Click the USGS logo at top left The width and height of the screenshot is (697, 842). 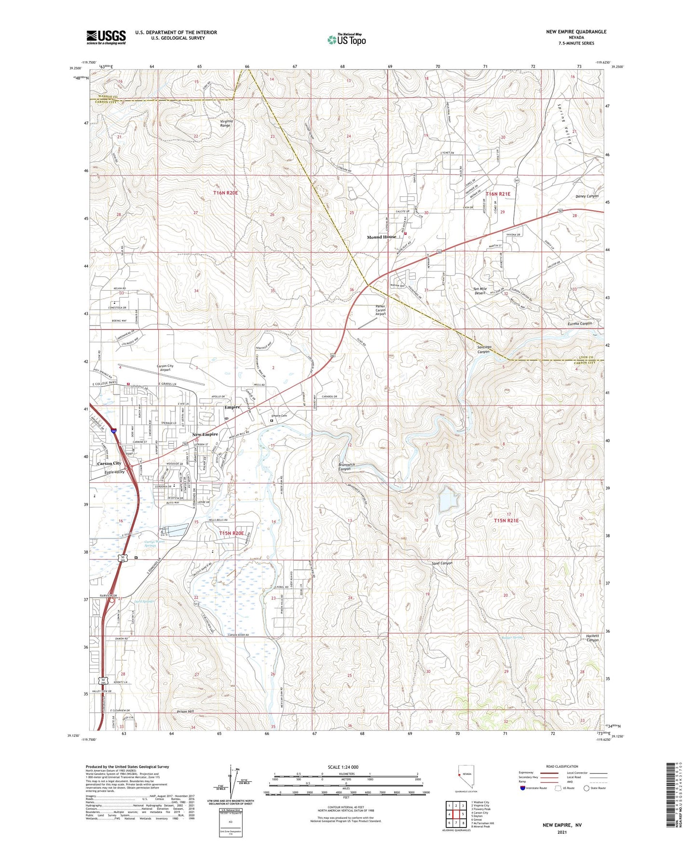[106, 37]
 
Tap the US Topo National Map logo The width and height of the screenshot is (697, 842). [346, 39]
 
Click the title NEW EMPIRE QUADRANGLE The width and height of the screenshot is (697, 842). [576, 32]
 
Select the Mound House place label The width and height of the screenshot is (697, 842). [381, 237]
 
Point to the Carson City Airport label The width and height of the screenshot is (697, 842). [165, 368]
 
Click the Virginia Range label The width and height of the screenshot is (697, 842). [226, 123]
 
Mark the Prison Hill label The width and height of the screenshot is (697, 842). [186, 711]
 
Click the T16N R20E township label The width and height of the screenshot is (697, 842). [226, 193]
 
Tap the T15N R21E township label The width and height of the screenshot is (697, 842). [506, 521]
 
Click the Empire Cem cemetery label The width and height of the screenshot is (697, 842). [279, 416]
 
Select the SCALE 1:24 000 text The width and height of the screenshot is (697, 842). [343, 767]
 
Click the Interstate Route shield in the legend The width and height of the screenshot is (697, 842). [523, 788]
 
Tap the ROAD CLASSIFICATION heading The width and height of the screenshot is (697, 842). [562, 766]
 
